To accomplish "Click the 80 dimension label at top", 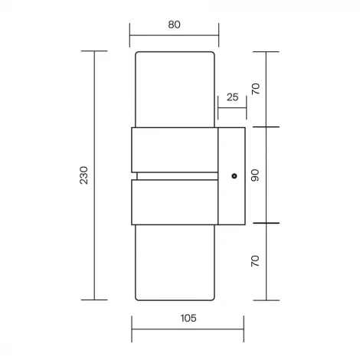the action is tap(174, 25).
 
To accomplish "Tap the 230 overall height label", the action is tap(83, 175).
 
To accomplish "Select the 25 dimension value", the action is tap(232, 97).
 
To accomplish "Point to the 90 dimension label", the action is tap(255, 175).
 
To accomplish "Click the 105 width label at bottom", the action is tap(188, 318).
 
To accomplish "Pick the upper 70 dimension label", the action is tap(256, 89).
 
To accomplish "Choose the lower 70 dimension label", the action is tap(255, 261).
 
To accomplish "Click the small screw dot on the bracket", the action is tap(234, 176).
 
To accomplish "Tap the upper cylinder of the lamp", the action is tap(175, 90).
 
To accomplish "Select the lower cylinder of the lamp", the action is tap(175, 263).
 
